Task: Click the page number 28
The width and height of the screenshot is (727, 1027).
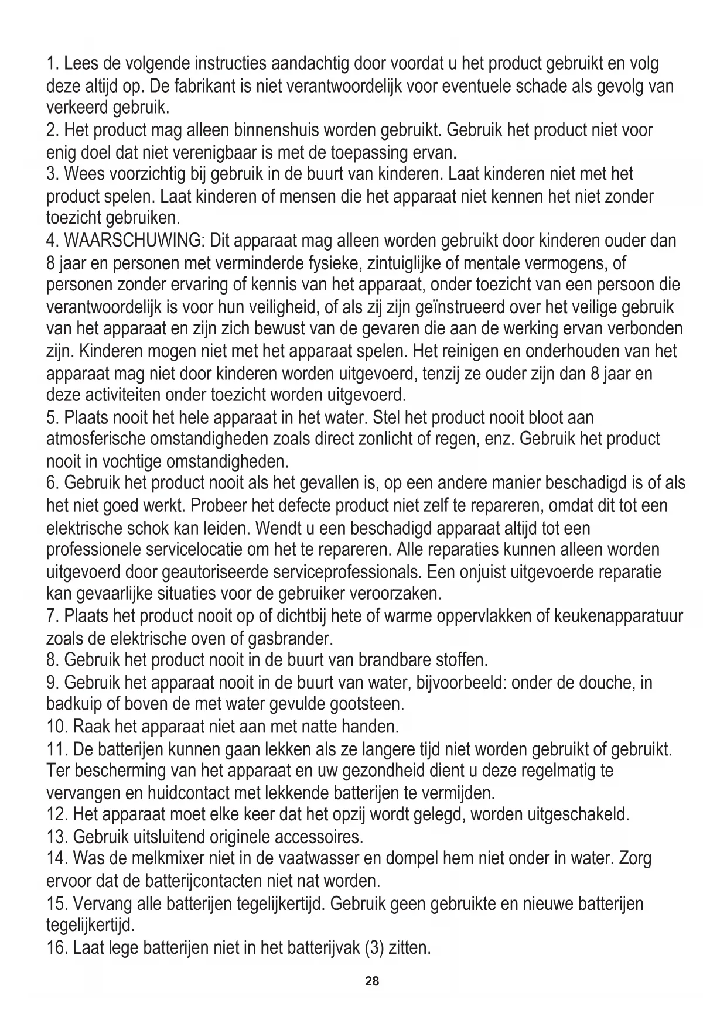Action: coord(372,981)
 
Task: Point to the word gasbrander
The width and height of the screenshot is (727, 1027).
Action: coord(285,638)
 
